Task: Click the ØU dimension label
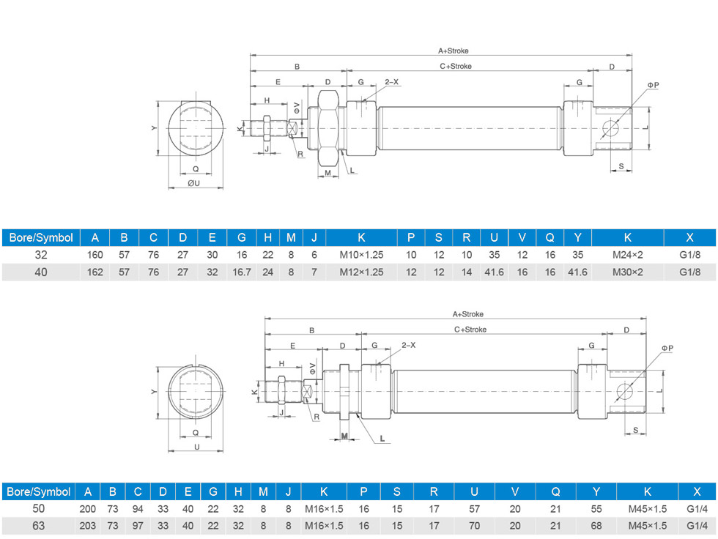click(x=193, y=183)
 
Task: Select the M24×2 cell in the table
click(x=627, y=256)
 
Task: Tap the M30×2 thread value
click(x=627, y=272)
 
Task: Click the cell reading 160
click(x=95, y=256)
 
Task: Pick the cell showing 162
click(x=95, y=272)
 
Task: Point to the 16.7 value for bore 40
click(x=242, y=272)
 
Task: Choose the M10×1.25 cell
click(x=361, y=256)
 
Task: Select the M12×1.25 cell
click(x=361, y=272)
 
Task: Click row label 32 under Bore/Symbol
click(x=40, y=256)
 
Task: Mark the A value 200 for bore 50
click(x=88, y=508)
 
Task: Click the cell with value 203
click(x=88, y=526)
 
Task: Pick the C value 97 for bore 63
click(x=137, y=526)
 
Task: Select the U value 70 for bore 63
click(x=475, y=526)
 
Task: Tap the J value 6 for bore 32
click(x=314, y=256)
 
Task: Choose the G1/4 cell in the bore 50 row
click(x=697, y=508)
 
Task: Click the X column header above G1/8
click(x=689, y=237)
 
